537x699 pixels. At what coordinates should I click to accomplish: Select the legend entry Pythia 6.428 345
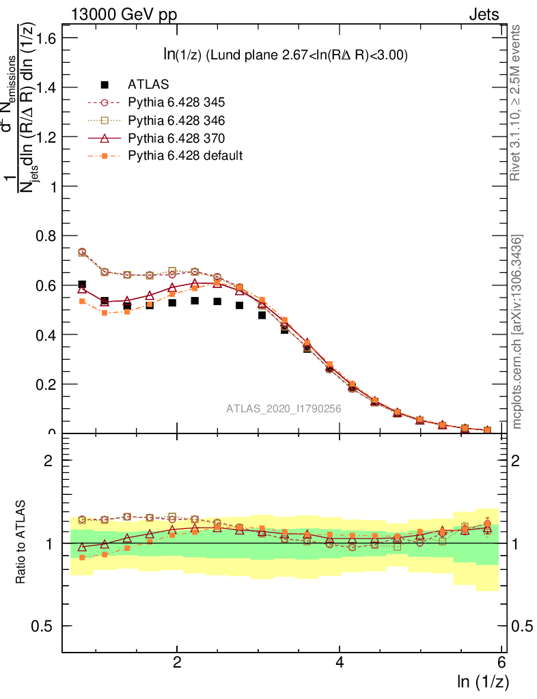(x=176, y=102)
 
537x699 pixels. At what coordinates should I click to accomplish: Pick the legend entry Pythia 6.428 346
(x=176, y=120)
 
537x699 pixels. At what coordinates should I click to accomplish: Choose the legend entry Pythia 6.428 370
(x=176, y=138)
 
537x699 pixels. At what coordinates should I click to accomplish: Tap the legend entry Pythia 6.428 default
(x=185, y=156)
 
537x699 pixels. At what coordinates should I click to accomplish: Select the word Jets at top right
(x=484, y=14)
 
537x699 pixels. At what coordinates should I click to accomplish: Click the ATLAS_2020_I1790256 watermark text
(x=284, y=409)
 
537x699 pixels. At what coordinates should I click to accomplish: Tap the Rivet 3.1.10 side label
(x=516, y=102)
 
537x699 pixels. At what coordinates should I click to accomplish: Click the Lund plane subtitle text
(x=281, y=56)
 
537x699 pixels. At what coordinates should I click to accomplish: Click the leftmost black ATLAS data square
(x=82, y=285)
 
